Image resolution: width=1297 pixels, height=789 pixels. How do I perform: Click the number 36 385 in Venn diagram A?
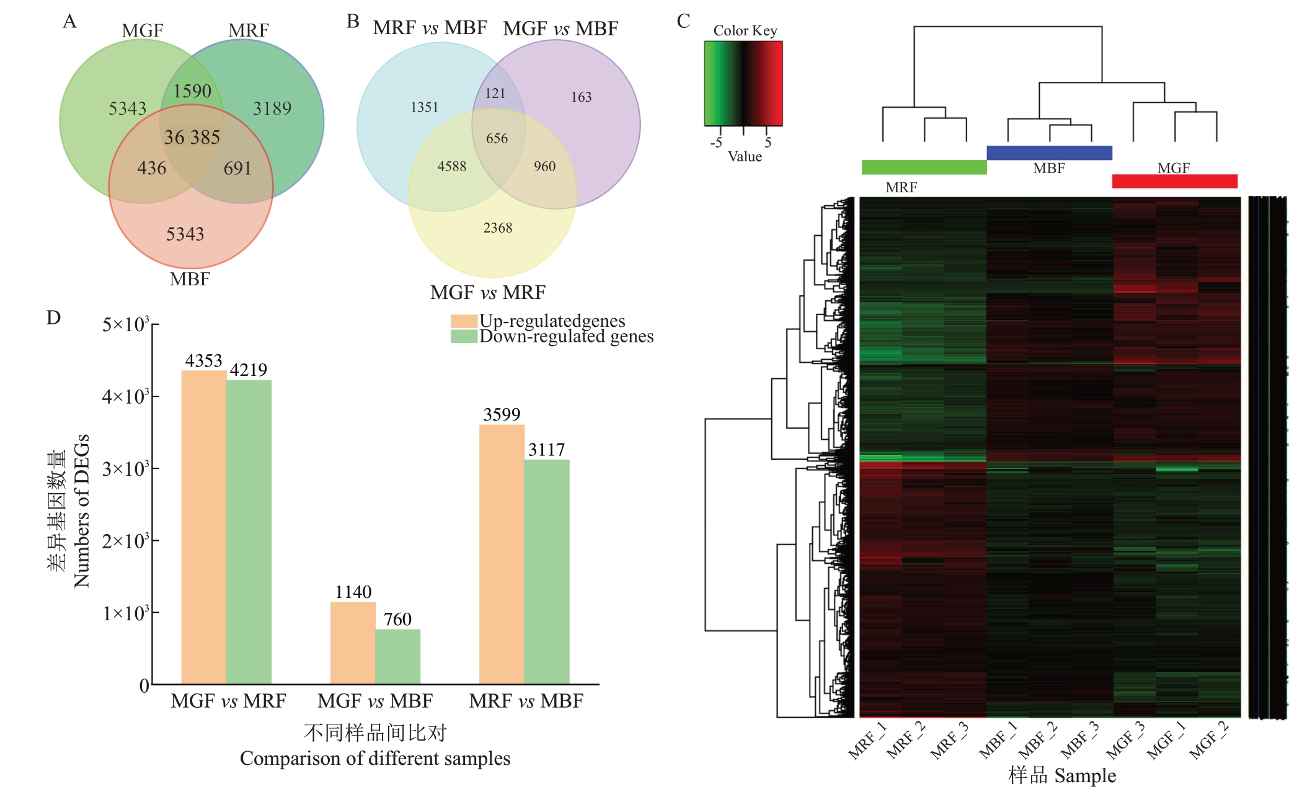point(192,137)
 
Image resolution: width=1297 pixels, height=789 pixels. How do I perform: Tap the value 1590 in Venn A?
point(192,91)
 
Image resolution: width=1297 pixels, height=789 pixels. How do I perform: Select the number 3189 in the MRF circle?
point(272,109)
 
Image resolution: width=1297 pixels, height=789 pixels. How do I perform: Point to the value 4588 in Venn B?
point(452,166)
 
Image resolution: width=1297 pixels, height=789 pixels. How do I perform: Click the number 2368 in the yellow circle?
point(498,228)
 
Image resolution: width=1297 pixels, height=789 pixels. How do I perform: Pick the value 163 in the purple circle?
point(582,97)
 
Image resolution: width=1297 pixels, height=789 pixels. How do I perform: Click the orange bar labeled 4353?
point(204,527)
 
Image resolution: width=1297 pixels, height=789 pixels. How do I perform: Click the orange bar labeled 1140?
point(353,643)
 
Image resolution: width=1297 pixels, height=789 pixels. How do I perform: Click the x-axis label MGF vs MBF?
point(375,701)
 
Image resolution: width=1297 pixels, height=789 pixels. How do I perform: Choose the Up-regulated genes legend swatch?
point(464,321)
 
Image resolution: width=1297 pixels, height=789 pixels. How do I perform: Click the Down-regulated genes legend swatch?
point(464,336)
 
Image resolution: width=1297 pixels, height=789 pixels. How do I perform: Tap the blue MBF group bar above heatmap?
point(1049,153)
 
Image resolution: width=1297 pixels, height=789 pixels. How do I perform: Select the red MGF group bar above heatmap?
point(1174,181)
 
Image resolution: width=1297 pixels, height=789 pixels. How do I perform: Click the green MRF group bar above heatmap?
point(924,167)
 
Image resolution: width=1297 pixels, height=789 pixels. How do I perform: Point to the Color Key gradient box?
point(743,84)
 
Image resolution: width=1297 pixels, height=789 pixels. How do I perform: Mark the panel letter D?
point(54,318)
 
